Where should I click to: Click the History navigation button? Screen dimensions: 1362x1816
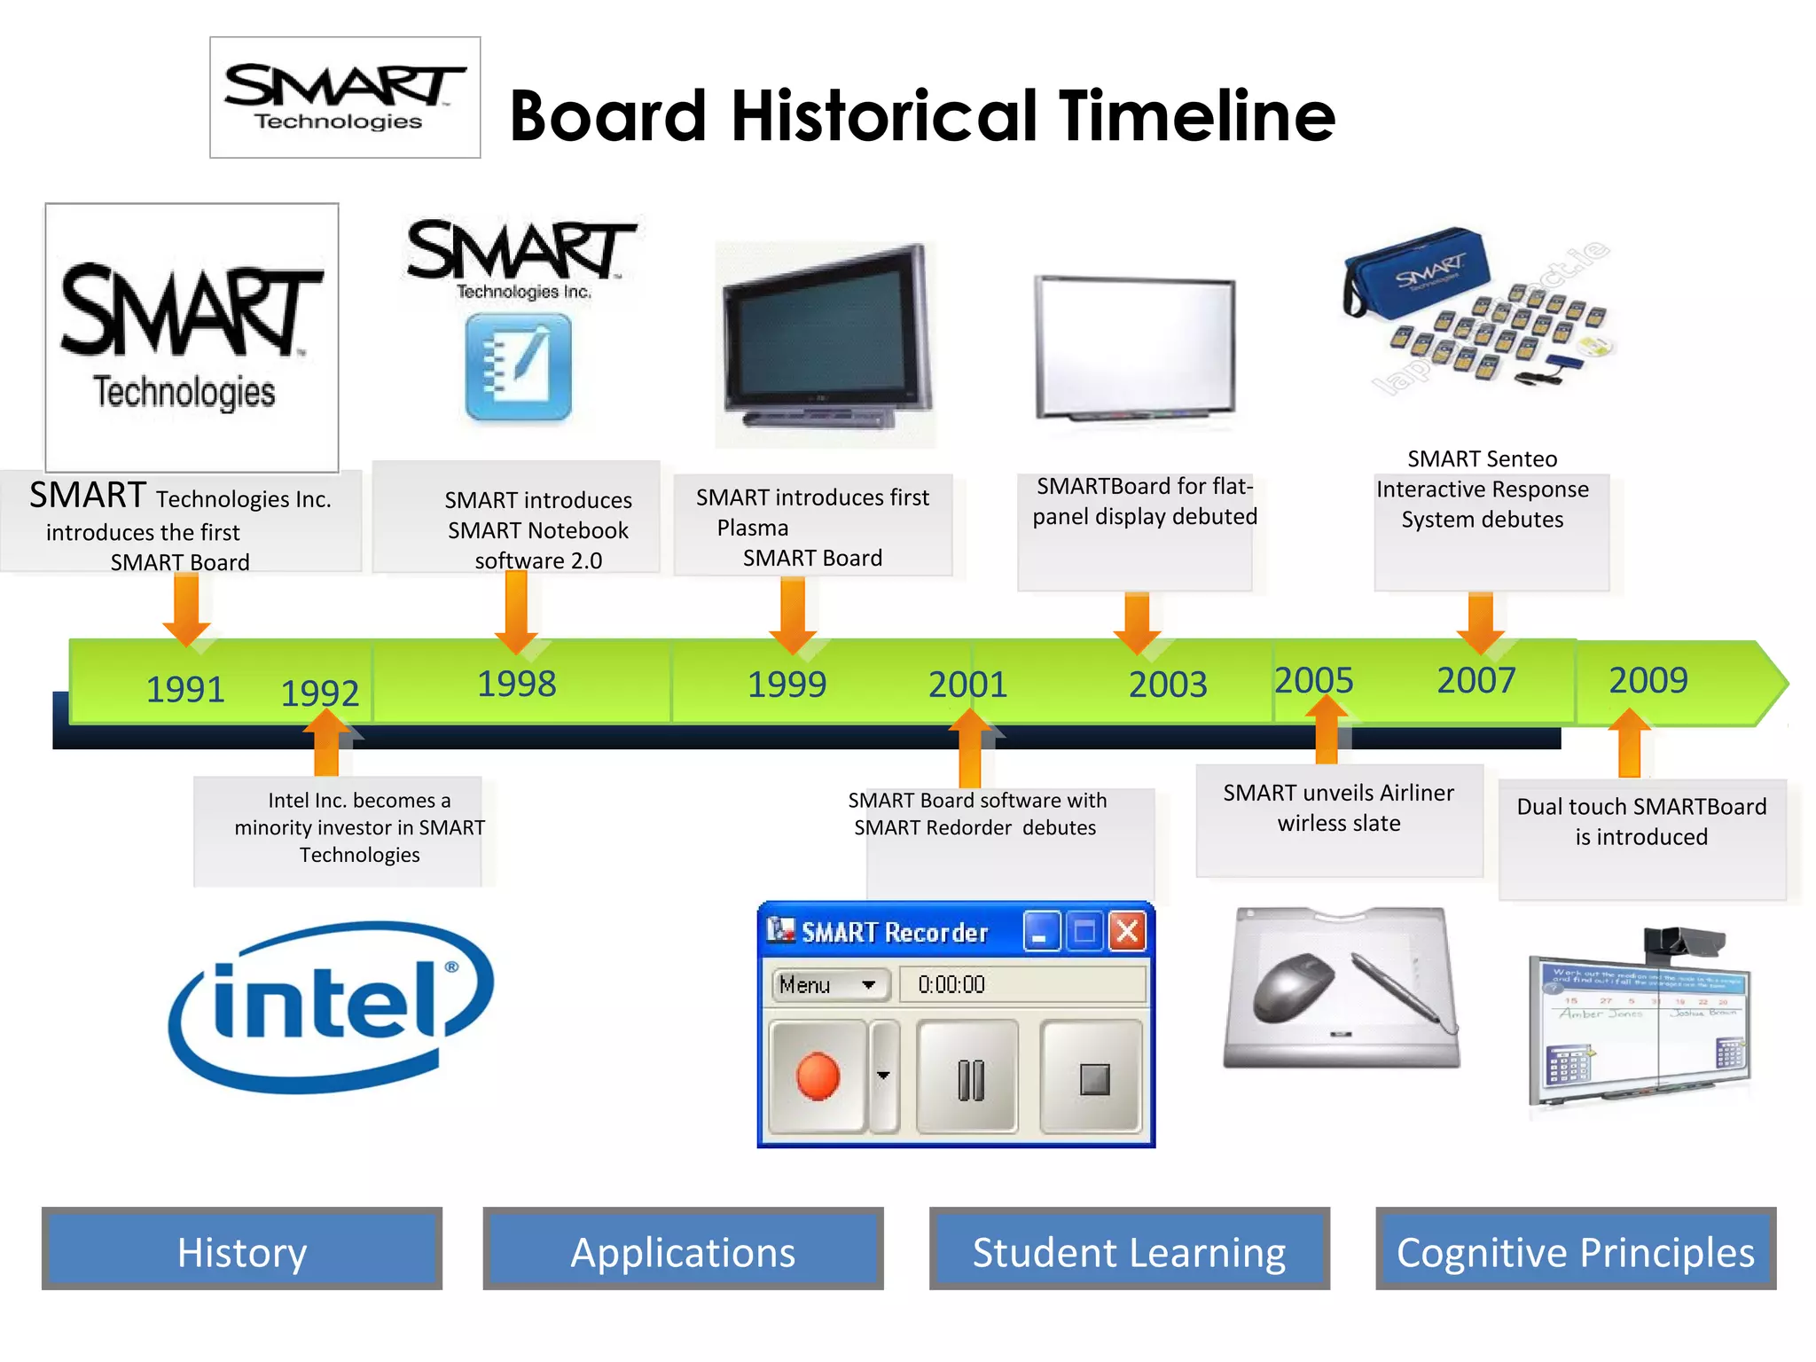tap(241, 1249)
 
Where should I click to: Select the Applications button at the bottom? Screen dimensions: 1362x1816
tap(683, 1249)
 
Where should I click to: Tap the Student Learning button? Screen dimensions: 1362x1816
tap(1129, 1249)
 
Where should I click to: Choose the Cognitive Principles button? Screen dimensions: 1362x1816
tap(1576, 1249)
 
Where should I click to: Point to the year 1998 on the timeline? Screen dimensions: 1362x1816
tap(517, 684)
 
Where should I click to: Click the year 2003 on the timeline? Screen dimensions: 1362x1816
tap(1168, 685)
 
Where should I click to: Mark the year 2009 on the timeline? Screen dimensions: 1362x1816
tap(1648, 680)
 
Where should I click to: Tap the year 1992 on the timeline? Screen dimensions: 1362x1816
tap(320, 693)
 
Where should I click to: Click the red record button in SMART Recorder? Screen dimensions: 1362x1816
tap(818, 1076)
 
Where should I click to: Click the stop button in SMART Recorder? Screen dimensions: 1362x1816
tap(1094, 1078)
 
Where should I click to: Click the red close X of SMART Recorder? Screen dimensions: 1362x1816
tap(1127, 932)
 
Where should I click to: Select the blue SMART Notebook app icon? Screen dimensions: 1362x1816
tap(519, 367)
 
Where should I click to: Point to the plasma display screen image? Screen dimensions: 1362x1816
tap(825, 341)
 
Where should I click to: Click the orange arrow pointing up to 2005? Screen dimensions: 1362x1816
tap(1327, 728)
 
